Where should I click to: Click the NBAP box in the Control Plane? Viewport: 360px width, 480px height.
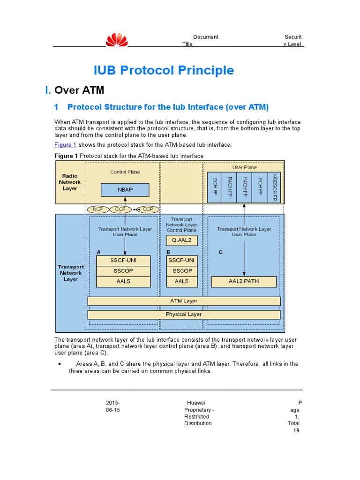(125, 190)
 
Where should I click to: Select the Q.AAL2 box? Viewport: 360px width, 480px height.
(182, 240)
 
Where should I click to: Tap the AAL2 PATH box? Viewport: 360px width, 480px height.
(244, 282)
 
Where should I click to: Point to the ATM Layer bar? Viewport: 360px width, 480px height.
(184, 301)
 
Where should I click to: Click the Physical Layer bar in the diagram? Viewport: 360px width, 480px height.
(184, 315)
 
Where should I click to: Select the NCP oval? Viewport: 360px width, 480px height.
(97, 209)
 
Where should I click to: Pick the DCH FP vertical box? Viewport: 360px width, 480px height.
(214, 187)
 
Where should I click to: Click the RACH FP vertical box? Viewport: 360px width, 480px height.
(229, 187)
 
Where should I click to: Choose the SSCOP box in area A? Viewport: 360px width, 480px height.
(123, 271)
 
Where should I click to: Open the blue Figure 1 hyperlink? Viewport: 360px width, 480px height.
(66, 145)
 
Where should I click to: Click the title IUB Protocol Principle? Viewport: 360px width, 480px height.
(164, 70)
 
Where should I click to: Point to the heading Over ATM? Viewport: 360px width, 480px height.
(79, 90)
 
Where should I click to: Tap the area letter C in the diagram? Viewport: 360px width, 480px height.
(221, 252)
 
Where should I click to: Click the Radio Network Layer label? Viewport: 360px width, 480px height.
(70, 182)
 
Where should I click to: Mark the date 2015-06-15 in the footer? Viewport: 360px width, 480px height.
(112, 406)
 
